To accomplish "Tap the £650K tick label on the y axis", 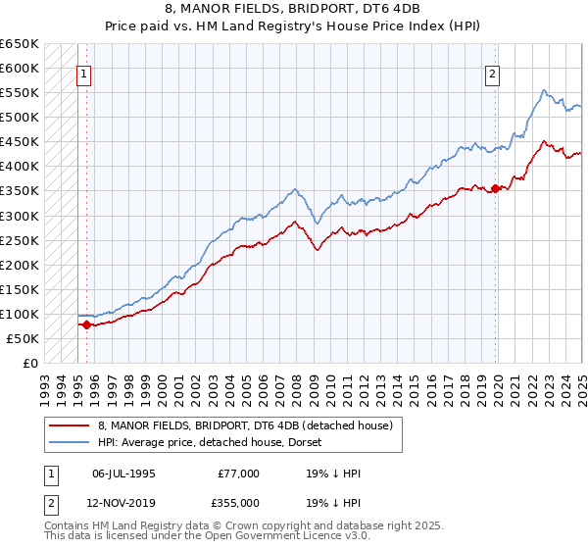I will [20, 44].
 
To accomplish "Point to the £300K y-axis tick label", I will [20, 216].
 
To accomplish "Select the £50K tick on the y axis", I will [24, 338].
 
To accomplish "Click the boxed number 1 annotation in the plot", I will [84, 73].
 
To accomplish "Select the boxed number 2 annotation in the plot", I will [492, 73].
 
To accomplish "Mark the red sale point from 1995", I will [86, 324].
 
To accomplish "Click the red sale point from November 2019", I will [496, 188].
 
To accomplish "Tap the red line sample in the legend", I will [68, 426].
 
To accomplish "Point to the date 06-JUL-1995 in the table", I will [123, 474].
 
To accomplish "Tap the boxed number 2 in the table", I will [49, 502].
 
